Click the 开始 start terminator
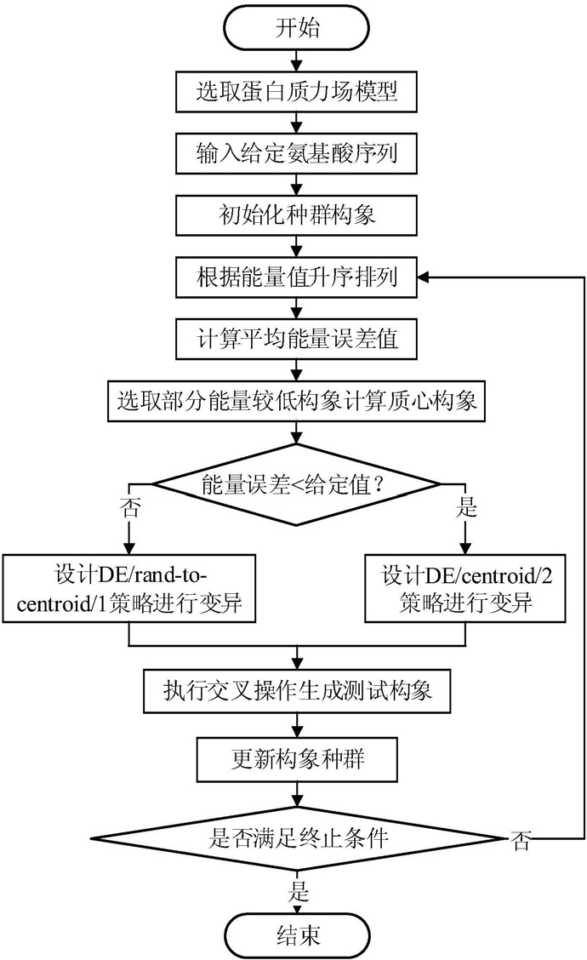pos(297,27)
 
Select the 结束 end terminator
pos(298,935)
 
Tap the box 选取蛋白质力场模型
pos(296,92)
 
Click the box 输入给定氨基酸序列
pos(296,153)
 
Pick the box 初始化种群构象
pos(296,215)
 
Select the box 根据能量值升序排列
pos(296,277)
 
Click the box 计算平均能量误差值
pos(296,339)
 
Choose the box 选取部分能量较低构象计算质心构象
pos(296,401)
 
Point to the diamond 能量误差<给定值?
pos(296,485)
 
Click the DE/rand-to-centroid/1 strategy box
pos(128,588)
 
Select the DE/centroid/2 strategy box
pos(465,588)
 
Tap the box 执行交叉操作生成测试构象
pos(297,691)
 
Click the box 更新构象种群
pos(297,760)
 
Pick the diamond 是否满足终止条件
pos(297,838)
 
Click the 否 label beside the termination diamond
pos(521,841)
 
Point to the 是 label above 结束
pos(299,890)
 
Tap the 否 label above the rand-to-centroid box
pos(130,507)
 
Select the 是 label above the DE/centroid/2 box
pos(466,507)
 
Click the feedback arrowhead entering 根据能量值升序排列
pos(425,277)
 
